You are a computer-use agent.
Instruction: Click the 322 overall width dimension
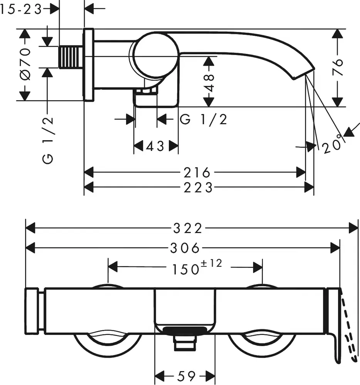click(x=187, y=228)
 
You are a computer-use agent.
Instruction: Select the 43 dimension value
click(x=155, y=146)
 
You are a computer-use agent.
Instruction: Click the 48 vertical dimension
click(x=209, y=82)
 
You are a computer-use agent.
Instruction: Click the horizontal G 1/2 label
click(x=204, y=120)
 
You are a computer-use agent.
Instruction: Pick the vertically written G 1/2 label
click(x=48, y=141)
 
